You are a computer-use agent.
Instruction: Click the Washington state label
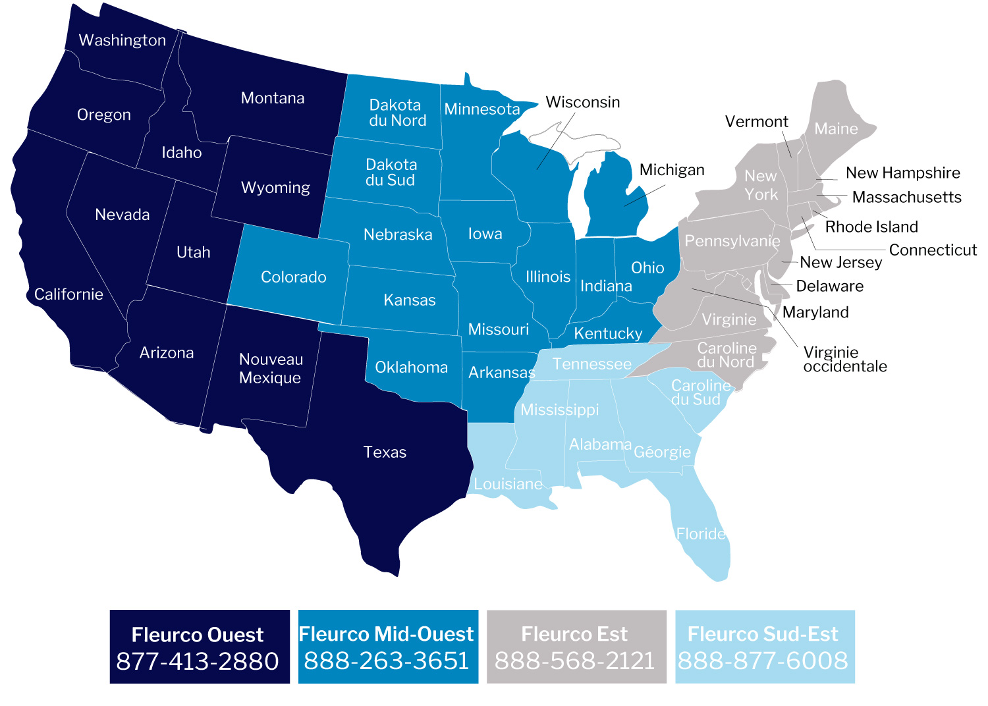[122, 40]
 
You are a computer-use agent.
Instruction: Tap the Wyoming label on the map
[275, 188]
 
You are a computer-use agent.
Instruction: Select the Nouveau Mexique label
[271, 368]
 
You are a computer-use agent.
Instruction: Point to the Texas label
[385, 452]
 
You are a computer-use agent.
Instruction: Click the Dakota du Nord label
[397, 113]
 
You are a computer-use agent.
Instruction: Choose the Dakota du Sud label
[391, 172]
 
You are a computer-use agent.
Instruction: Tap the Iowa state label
[485, 234]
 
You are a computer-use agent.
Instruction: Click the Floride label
[701, 533]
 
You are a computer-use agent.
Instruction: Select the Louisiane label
[508, 484]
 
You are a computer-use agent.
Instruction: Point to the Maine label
[836, 128]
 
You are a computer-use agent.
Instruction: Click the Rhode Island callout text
[871, 227]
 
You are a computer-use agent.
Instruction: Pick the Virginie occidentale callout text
[844, 359]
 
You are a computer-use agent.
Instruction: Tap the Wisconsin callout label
[582, 102]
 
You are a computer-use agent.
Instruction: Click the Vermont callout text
[756, 121]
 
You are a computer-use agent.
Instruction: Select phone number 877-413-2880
[198, 661]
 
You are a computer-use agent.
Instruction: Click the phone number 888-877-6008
[763, 660]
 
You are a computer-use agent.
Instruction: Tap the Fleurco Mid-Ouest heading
[386, 634]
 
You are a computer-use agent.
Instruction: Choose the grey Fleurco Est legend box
[576, 646]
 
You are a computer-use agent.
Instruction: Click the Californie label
[69, 294]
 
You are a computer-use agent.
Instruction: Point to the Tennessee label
[591, 364]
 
